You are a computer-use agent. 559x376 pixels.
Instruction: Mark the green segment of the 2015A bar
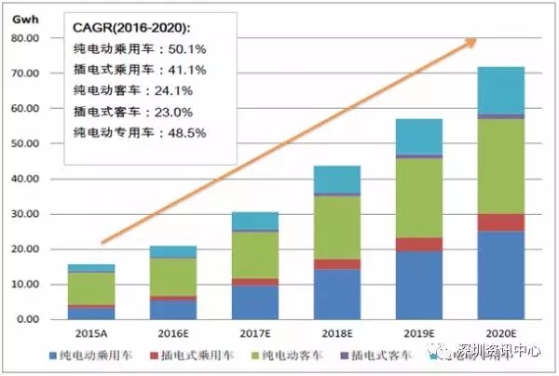(90, 288)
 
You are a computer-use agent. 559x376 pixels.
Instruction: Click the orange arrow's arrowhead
(472, 41)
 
